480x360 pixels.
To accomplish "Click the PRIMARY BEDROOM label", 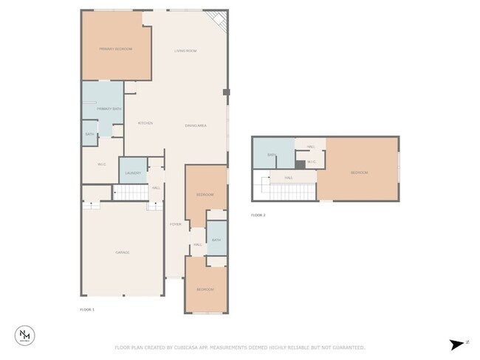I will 116,49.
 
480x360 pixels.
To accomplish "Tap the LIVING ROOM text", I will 185,51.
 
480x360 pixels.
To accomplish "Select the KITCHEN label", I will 145,123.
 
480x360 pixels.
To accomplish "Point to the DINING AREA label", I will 195,125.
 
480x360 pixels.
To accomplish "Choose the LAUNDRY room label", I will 133,173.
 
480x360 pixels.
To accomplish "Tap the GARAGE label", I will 122,252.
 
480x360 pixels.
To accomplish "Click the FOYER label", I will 175,224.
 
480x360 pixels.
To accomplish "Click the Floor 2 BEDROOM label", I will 359,173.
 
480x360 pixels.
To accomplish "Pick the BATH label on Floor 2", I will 272,155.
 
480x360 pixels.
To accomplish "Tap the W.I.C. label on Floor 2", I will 312,162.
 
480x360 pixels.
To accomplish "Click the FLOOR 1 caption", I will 87,309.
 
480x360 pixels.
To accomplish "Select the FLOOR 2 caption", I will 258,215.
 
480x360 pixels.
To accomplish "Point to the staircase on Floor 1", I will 131,193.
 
